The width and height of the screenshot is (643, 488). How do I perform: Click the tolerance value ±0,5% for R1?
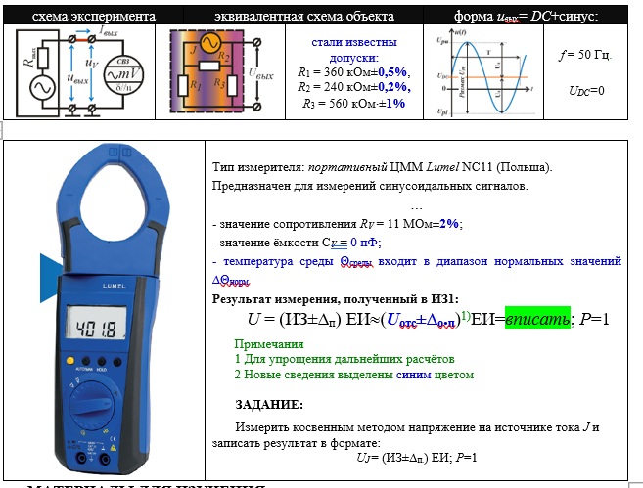(391, 72)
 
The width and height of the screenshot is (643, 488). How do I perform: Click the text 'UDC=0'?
(586, 90)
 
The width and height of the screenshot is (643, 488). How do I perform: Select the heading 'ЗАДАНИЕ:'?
(269, 404)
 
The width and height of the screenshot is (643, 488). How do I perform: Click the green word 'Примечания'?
(269, 344)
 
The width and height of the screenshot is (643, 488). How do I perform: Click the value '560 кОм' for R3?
(340, 103)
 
